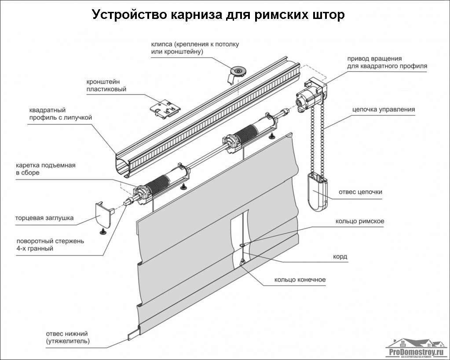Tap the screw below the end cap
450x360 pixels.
[x=104, y=230]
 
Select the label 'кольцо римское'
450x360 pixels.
[x=359, y=221]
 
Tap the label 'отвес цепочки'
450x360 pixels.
[x=360, y=192]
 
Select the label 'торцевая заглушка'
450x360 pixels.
[x=44, y=218]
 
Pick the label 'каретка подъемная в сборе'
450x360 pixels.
[x=46, y=169]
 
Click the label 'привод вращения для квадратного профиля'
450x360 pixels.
[x=387, y=62]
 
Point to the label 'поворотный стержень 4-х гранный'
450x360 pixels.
[x=50, y=245]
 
